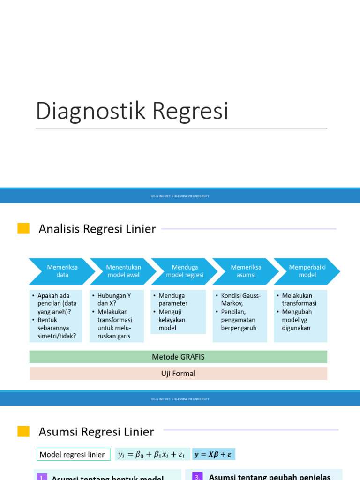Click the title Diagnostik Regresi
(132, 111)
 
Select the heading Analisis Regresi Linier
(97, 229)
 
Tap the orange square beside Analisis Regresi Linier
(23, 229)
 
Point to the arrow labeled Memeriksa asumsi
(246, 271)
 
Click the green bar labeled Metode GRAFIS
(178, 357)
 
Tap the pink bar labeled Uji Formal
(178, 374)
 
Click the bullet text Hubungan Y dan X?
(114, 300)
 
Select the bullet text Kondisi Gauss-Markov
(240, 300)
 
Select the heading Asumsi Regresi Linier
(96, 431)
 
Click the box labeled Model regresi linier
(74, 454)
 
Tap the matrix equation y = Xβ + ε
(214, 454)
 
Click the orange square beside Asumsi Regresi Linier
(23, 431)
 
